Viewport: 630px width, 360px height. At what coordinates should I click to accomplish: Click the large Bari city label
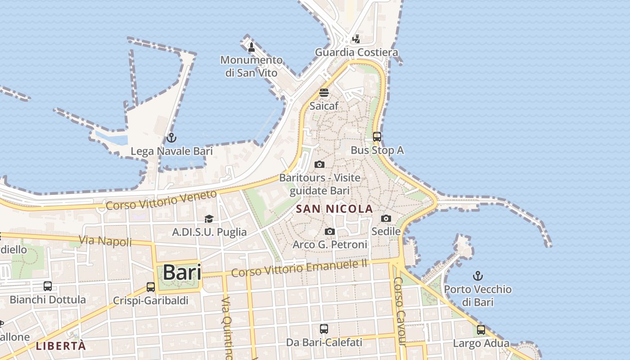[x=181, y=272]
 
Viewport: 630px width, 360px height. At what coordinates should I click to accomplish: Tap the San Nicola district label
[x=335, y=209]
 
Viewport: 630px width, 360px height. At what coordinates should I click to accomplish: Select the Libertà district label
[x=61, y=346]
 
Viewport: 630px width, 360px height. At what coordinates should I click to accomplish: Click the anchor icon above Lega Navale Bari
[x=171, y=138]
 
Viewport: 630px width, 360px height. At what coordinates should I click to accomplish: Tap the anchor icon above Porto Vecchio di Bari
[x=478, y=275]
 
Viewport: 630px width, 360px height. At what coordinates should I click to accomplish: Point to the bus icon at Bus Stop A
[x=377, y=137]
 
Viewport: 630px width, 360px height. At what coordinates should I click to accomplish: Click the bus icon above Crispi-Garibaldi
[x=151, y=287]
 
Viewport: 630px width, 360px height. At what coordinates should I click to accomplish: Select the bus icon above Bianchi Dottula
[x=48, y=286]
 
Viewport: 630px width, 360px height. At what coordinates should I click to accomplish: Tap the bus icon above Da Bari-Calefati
[x=324, y=329]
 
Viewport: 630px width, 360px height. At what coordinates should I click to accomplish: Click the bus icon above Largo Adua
[x=481, y=330]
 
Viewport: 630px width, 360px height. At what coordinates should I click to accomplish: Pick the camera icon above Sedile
[x=386, y=218]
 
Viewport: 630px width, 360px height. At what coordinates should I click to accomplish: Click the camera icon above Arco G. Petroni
[x=330, y=231]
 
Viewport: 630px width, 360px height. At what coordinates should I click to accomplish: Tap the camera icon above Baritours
[x=319, y=164]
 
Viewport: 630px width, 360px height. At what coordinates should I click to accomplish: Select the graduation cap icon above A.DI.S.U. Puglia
[x=209, y=219]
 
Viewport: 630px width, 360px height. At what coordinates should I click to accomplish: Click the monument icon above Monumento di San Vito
[x=252, y=47]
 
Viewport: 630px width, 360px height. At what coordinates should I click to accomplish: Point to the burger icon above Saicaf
[x=324, y=93]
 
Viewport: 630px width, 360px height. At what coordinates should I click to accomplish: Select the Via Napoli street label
[x=105, y=241]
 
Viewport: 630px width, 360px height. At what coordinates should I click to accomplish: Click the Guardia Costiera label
[x=356, y=52]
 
